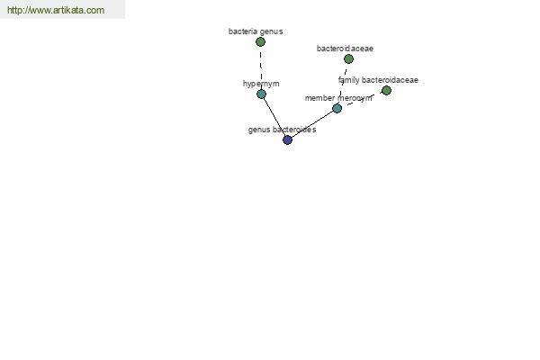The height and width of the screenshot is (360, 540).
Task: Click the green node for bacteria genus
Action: [260, 42]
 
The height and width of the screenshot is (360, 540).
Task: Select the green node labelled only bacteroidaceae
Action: [348, 58]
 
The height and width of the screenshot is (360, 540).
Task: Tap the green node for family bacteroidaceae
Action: [386, 91]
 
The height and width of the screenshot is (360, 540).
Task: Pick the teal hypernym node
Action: [261, 94]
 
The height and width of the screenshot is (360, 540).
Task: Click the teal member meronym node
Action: [337, 109]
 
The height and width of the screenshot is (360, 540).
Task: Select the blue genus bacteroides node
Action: [287, 139]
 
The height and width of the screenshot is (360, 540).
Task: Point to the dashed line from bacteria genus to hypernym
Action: [261, 67]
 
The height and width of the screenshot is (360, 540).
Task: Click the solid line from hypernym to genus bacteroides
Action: [274, 117]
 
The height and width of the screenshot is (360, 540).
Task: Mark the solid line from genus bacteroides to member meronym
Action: [312, 124]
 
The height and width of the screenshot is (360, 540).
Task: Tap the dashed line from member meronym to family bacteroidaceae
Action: [362, 100]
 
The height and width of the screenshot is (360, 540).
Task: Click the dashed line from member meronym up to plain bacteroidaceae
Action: [343, 84]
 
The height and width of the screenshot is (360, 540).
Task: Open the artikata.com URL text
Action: [56, 10]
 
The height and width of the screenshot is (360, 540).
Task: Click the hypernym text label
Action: [261, 84]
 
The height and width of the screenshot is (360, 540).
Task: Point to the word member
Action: [319, 98]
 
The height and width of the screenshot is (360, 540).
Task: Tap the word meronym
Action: [355, 98]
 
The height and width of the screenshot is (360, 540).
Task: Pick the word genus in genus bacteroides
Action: [258, 130]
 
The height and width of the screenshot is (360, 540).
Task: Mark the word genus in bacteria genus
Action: [272, 32]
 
